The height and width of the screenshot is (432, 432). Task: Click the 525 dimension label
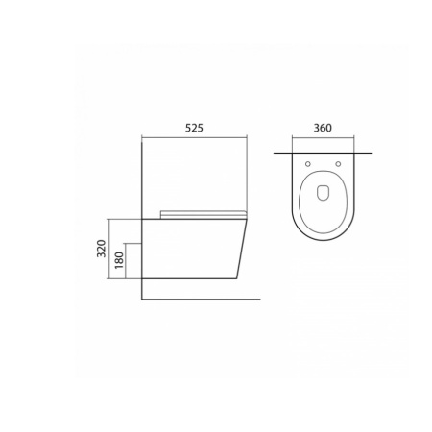coord(194,128)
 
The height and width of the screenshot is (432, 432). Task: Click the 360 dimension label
coord(323,128)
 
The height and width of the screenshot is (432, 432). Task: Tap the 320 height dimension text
coord(102,249)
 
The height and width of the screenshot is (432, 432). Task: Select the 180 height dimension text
coord(119,260)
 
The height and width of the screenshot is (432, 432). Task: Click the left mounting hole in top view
coord(308,164)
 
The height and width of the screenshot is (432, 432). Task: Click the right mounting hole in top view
coord(338,164)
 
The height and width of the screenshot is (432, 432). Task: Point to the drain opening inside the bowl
coord(323,193)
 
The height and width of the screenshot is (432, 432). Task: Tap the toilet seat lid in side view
coord(204,214)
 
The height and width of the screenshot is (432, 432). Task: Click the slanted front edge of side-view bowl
coord(242,249)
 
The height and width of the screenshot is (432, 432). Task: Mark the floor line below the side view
coord(201,300)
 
